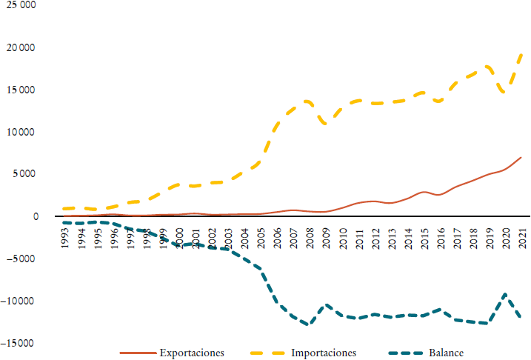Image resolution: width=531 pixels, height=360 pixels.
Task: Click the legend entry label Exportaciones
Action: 192,353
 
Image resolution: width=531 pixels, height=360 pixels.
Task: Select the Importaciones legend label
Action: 324,353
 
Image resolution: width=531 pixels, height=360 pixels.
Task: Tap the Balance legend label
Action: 444,353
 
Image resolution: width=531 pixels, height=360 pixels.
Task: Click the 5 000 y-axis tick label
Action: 21,175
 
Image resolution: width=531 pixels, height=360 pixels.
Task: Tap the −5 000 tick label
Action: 19,259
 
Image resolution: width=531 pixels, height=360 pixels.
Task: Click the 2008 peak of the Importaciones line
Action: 307,101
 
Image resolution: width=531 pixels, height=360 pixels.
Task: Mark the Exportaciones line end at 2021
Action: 521,157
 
